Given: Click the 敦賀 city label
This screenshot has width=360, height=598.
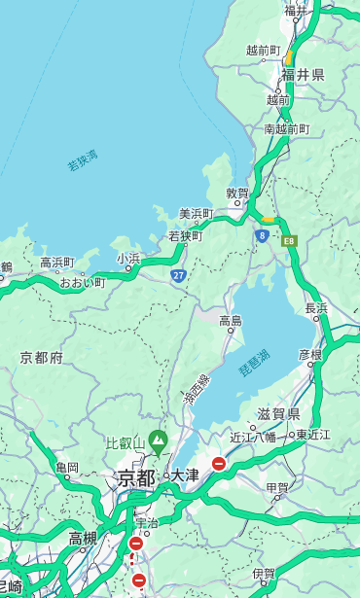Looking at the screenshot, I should [237, 193].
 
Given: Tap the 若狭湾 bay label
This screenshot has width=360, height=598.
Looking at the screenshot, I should [83, 160].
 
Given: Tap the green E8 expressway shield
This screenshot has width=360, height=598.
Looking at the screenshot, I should [289, 239].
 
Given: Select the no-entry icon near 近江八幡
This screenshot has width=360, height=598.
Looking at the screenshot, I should [219, 464].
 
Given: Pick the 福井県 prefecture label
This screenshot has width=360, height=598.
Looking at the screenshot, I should [303, 75].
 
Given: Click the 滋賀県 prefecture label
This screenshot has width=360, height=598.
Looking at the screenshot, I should [278, 414].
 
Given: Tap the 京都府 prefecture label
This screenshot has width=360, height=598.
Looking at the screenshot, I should [42, 358].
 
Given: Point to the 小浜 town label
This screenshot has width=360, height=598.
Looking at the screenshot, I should [128, 259].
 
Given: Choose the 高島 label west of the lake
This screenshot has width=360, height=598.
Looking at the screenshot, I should [231, 321].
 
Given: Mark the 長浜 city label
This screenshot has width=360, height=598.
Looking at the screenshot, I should [316, 308].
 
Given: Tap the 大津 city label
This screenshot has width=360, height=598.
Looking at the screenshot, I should [185, 476].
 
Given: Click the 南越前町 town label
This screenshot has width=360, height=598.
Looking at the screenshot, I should [286, 128].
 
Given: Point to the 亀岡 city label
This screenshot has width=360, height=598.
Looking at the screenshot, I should [67, 467].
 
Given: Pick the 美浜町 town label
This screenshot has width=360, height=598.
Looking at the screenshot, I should [197, 214].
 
